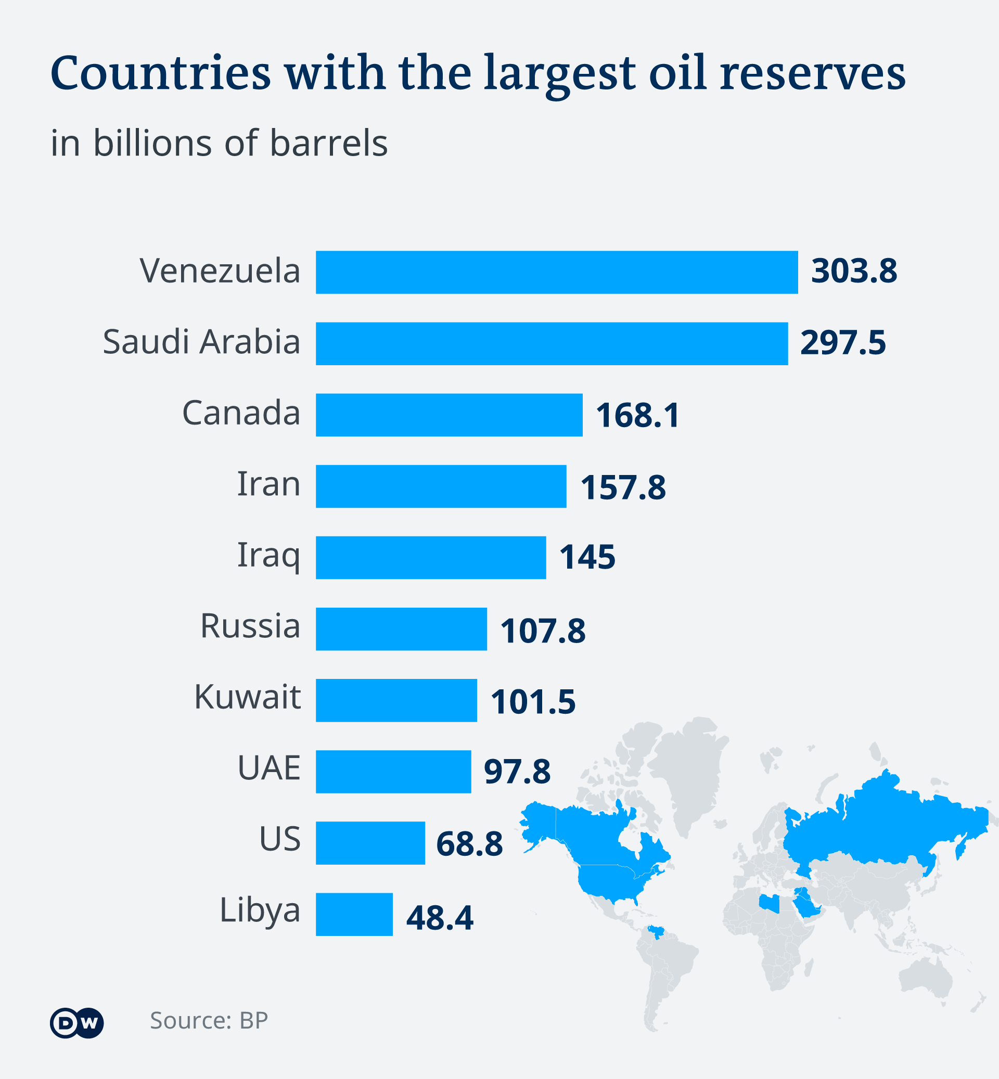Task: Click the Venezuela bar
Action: (557, 272)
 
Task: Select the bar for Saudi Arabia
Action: (552, 343)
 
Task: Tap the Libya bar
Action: (354, 914)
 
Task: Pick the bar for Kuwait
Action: (396, 700)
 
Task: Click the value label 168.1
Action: (637, 415)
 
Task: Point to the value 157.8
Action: (623, 487)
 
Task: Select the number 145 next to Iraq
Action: (587, 557)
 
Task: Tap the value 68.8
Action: (469, 844)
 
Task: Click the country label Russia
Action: (250, 626)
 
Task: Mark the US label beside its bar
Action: (279, 839)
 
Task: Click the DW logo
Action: (77, 1022)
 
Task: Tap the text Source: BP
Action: (209, 1020)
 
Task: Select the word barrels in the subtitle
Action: (329, 143)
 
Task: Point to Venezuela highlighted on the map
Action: (656, 932)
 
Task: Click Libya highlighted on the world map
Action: (770, 903)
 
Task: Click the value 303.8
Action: (854, 271)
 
